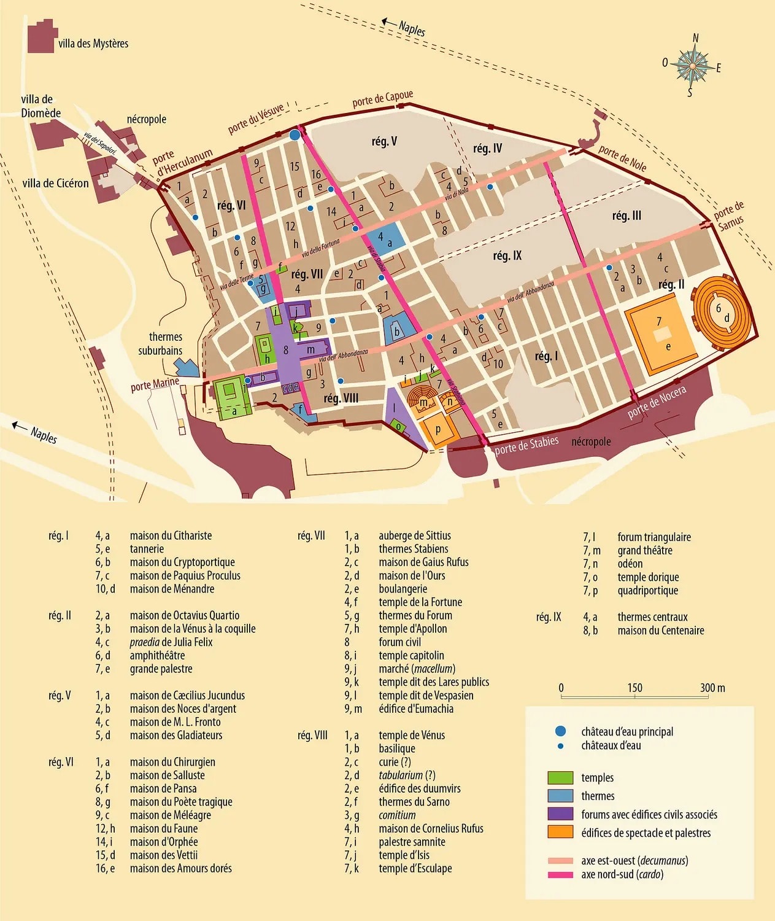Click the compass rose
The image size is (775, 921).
tap(692, 65)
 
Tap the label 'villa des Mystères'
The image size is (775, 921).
tap(93, 44)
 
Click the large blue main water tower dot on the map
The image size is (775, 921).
tap(295, 134)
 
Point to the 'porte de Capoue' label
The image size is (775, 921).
tap(382, 99)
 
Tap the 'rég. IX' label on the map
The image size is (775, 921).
tap(507, 255)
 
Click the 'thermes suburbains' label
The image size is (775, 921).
tap(161, 344)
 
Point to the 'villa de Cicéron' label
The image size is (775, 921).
tap(55, 183)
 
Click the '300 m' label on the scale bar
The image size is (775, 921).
tap(712, 688)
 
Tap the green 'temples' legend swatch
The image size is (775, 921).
tap(560, 778)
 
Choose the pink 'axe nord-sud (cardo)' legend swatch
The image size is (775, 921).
tap(560, 875)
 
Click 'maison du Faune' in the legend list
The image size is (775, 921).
tap(163, 828)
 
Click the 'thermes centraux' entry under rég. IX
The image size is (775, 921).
tap(652, 617)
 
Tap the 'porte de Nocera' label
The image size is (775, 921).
tap(657, 402)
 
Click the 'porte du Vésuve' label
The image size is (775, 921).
tap(256, 119)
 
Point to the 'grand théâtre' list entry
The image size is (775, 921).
tap(644, 550)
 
